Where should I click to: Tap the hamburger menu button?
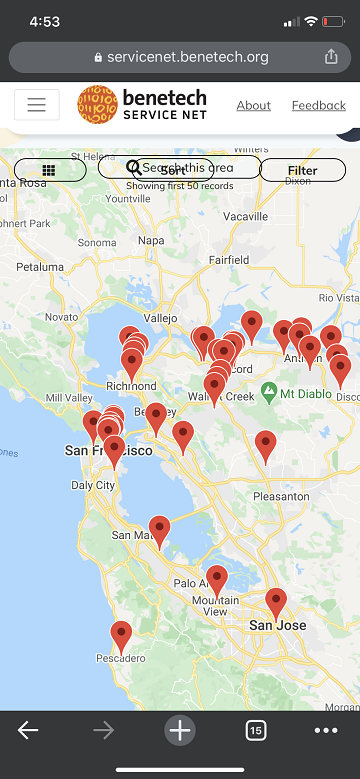37,105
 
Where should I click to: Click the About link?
253,105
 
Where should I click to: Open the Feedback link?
318,105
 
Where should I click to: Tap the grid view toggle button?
49,170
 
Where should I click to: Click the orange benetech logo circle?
98,105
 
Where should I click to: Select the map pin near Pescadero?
121,635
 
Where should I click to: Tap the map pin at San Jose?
276,603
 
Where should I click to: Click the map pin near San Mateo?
160,530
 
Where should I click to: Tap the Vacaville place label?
246,216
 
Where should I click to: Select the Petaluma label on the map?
39,267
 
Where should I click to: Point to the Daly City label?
93,485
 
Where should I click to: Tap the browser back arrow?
28,730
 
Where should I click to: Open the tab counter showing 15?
255,731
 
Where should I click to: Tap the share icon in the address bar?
331,57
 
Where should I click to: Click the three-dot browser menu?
326,730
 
